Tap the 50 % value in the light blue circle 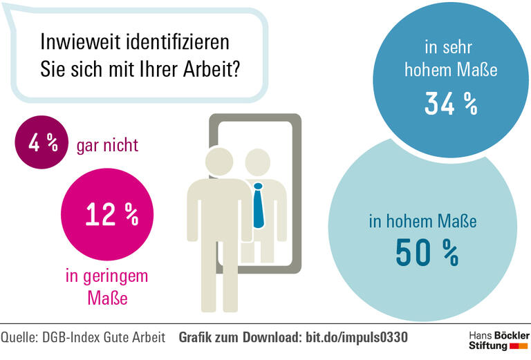pyautogui.click(x=427, y=252)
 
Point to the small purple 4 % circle pyautogui.click(x=41, y=144)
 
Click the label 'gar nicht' pyautogui.click(x=108, y=145)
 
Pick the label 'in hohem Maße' pyautogui.click(x=422, y=222)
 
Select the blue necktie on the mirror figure pyautogui.click(x=259, y=206)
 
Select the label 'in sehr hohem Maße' pyautogui.click(x=451, y=59)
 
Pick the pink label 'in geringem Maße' pyautogui.click(x=106, y=287)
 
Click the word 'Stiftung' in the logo pyautogui.click(x=488, y=345)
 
